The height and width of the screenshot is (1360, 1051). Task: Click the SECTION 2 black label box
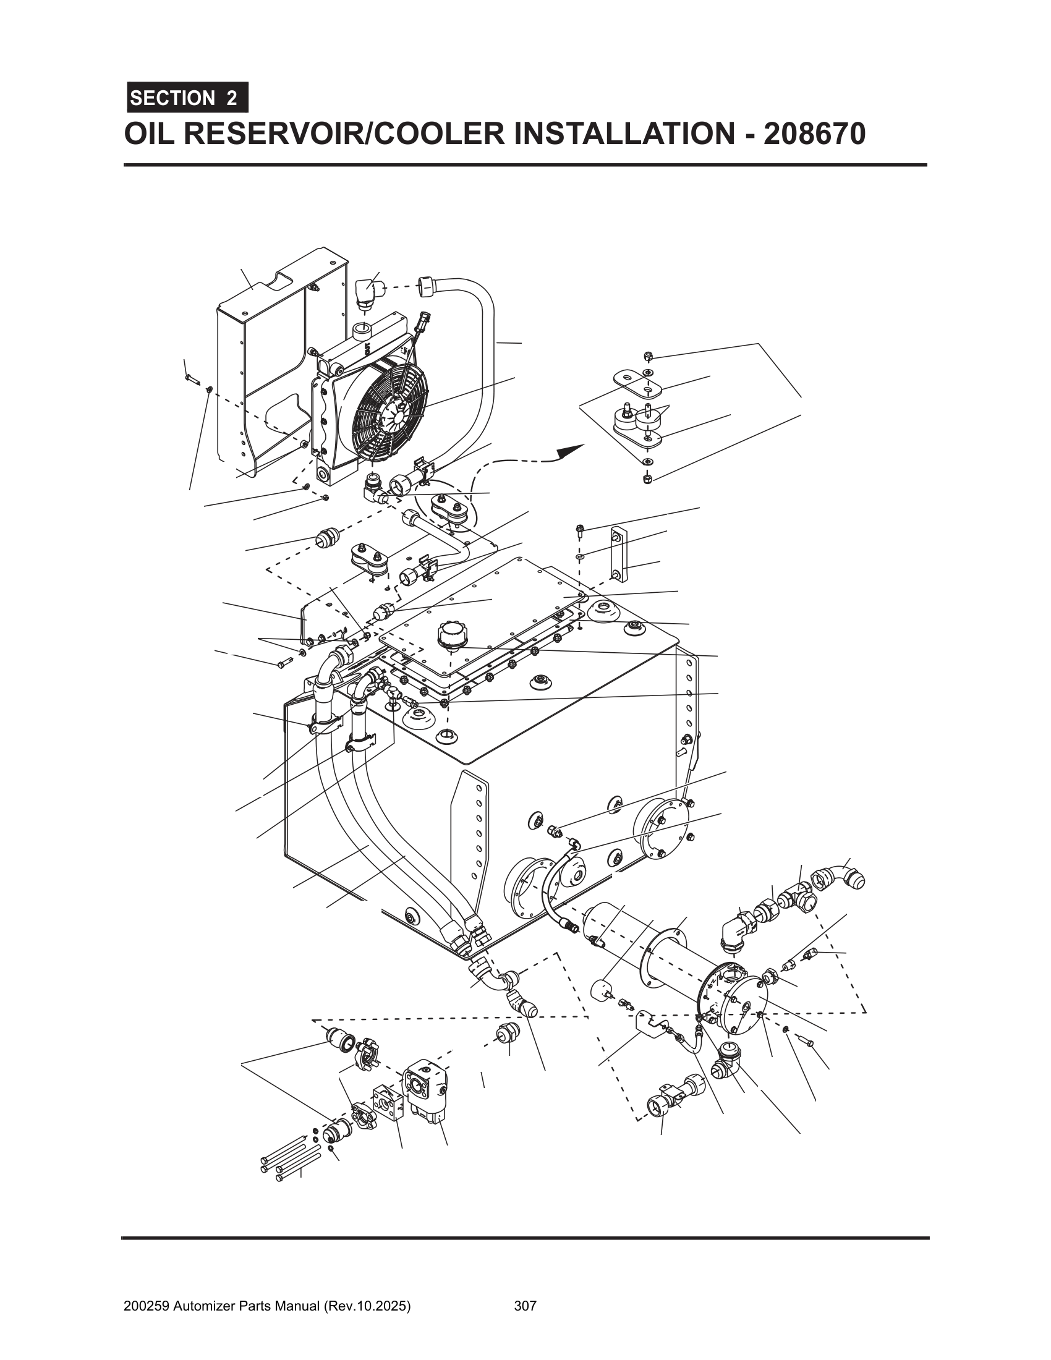pos(187,98)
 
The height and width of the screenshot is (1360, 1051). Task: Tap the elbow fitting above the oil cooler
pos(368,292)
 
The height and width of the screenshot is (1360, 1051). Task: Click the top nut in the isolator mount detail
pos(647,356)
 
